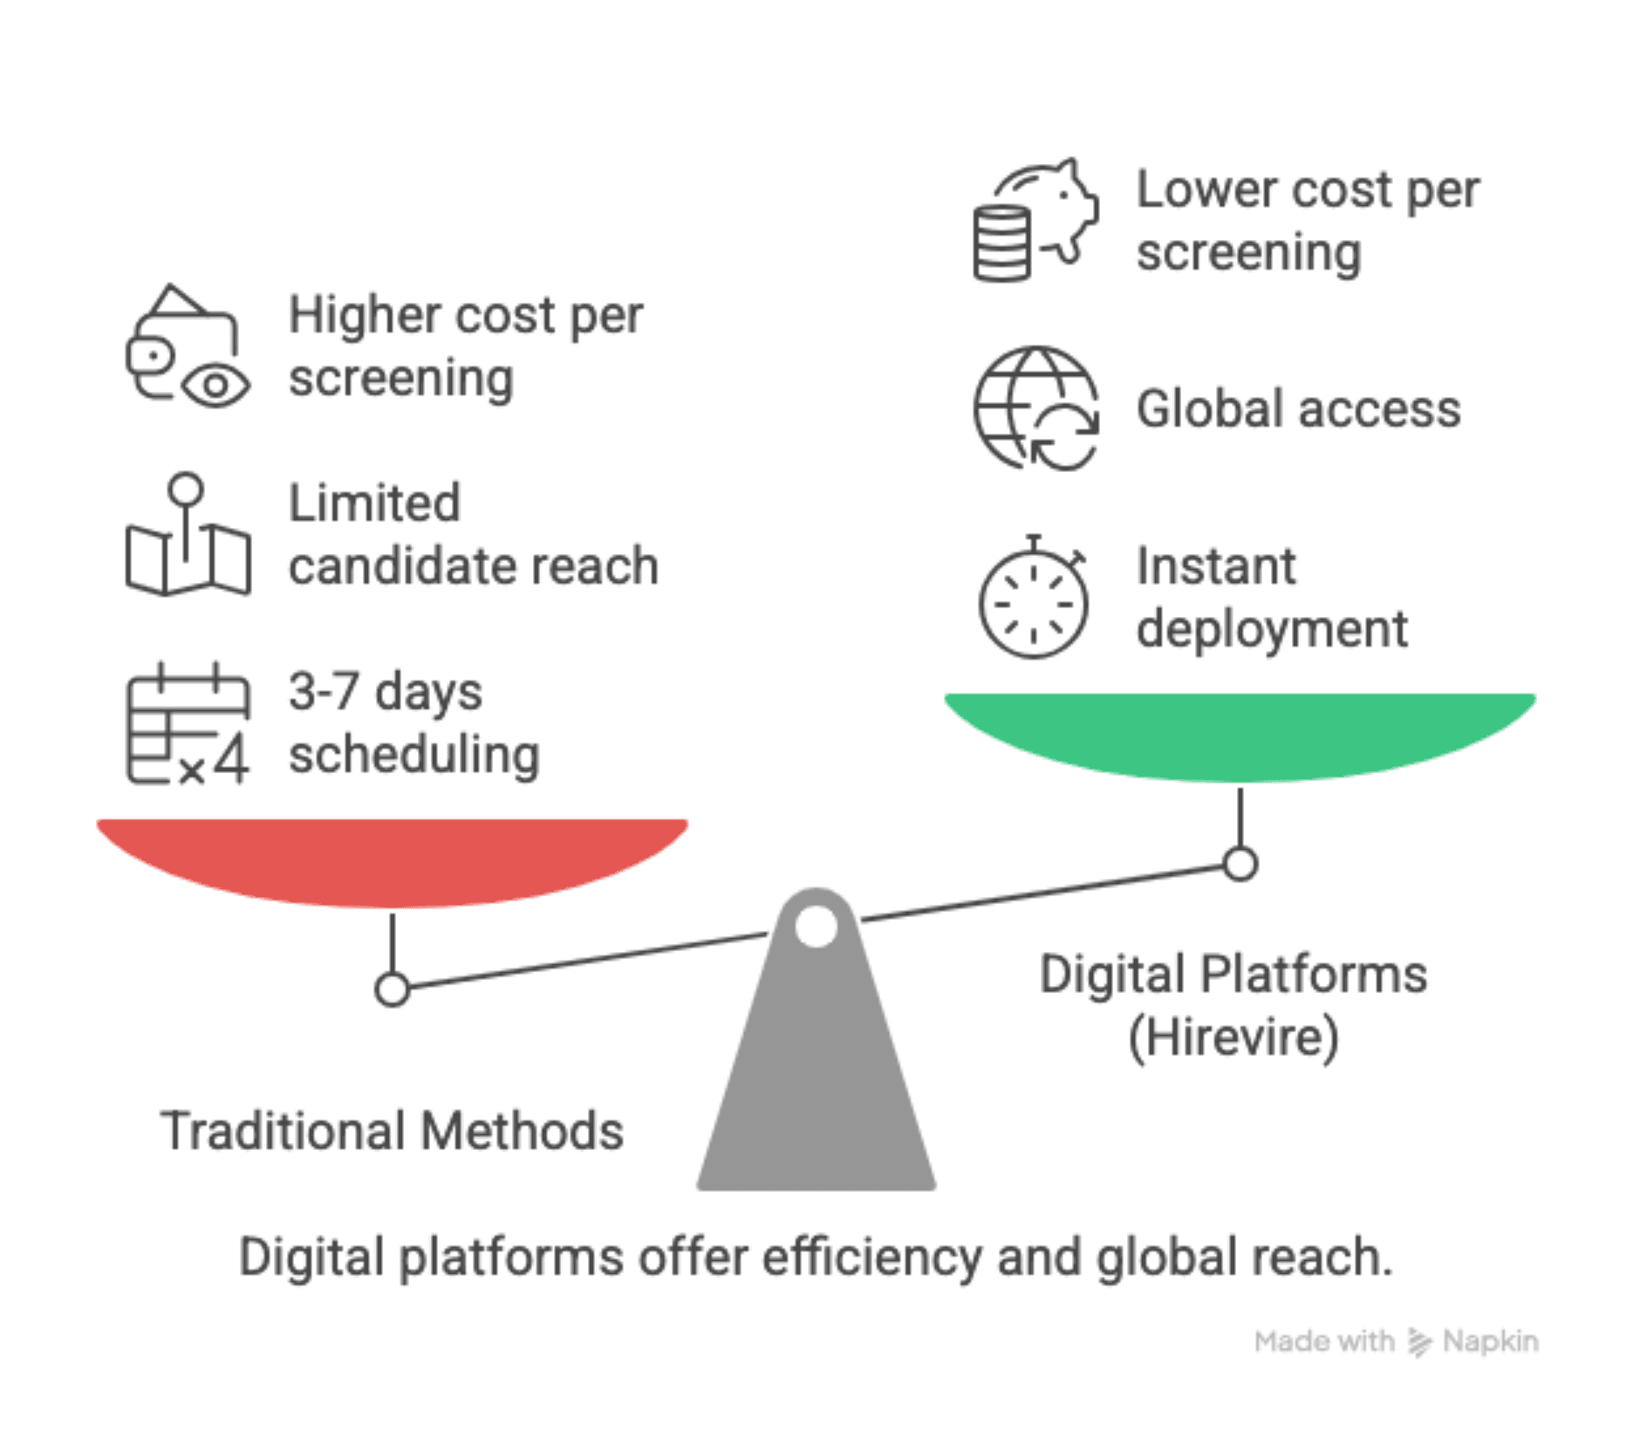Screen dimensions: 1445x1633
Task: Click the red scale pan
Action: pyautogui.click(x=393, y=859)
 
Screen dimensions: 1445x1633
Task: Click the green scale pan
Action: pyautogui.click(x=1240, y=733)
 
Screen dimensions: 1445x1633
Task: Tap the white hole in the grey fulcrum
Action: pyautogui.click(x=816, y=927)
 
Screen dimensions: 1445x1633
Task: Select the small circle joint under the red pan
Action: pyautogui.click(x=393, y=990)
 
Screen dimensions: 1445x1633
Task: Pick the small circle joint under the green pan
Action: pyautogui.click(x=1240, y=865)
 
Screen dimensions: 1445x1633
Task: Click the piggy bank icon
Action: pyautogui.click(x=1035, y=221)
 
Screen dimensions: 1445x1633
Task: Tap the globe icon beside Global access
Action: pyautogui.click(x=1035, y=408)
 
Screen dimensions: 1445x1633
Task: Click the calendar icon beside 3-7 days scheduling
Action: pyautogui.click(x=188, y=724)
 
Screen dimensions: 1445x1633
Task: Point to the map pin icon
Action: pyautogui.click(x=188, y=535)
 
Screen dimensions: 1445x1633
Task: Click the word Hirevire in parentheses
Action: pyautogui.click(x=1233, y=1038)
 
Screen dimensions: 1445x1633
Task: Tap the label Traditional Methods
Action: pyautogui.click(x=392, y=1131)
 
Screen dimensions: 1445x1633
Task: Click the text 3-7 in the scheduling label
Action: pyautogui.click(x=324, y=691)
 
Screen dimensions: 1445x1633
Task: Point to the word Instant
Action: pyautogui.click(x=1216, y=566)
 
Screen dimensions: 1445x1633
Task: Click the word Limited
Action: pyautogui.click(x=374, y=503)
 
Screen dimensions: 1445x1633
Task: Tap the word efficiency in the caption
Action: pyautogui.click(x=871, y=1257)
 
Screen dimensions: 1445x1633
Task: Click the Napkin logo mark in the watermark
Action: pyautogui.click(x=1419, y=1342)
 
